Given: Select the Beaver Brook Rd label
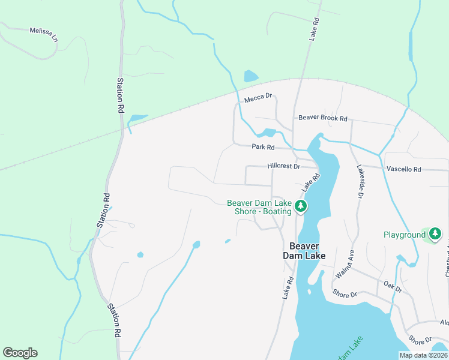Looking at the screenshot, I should tap(323, 119).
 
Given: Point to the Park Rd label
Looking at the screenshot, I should tap(263, 147).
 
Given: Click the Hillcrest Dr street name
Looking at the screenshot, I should tap(283, 166).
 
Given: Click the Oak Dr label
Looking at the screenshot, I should tap(393, 287).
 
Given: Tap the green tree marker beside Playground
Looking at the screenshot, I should tap(435, 234).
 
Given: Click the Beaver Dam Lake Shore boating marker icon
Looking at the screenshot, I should tap(301, 207).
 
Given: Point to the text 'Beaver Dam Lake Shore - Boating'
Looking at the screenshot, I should tap(259, 207).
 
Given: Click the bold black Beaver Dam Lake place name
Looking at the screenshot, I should tap(307, 251).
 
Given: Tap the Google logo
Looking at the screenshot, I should tap(20, 353).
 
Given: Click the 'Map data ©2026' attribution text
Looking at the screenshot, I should tap(423, 355).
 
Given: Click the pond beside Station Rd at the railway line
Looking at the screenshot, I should tap(137, 118).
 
